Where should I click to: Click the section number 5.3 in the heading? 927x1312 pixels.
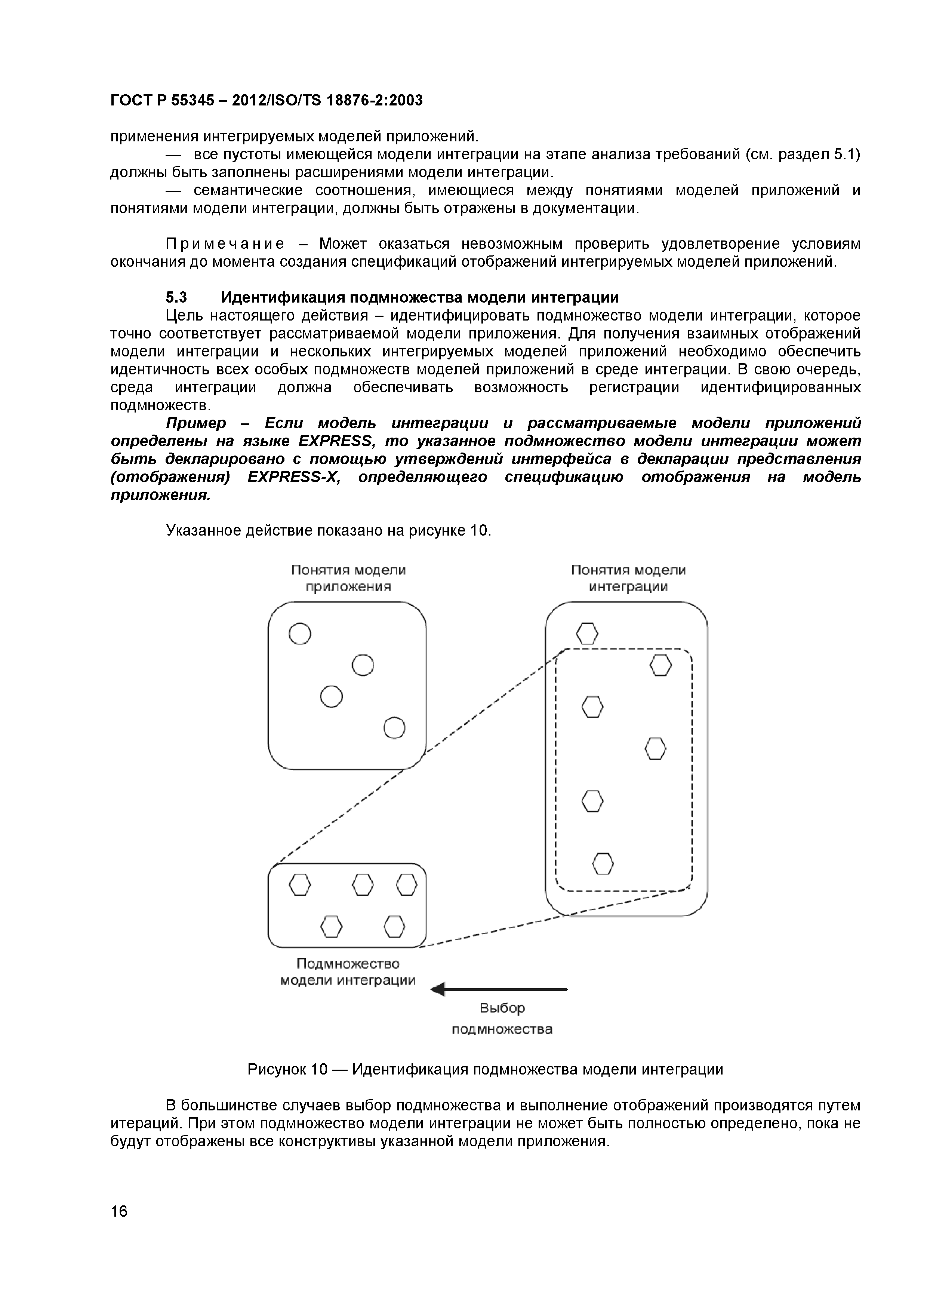click(176, 298)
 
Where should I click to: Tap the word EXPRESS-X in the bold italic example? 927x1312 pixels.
click(293, 477)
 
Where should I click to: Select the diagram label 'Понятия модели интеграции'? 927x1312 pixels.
click(628, 578)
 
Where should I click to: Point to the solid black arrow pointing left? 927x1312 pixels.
click(499, 989)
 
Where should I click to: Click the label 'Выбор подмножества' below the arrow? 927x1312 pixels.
click(502, 1019)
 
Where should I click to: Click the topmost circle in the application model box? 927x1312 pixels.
click(300, 634)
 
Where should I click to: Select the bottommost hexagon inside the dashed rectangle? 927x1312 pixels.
click(603, 864)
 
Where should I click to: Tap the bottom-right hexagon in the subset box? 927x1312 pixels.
click(394, 926)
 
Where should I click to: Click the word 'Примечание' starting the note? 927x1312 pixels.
click(225, 244)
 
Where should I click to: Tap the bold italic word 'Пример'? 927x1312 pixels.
click(196, 423)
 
